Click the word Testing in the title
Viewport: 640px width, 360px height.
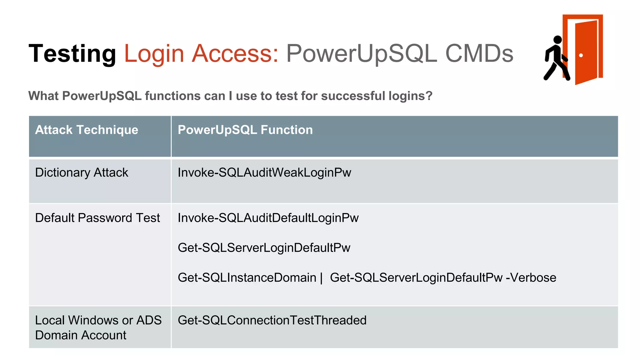(x=72, y=53)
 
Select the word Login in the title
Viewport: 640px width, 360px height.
(x=154, y=53)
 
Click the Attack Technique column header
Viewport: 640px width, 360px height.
(x=87, y=130)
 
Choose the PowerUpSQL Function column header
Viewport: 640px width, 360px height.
(x=245, y=130)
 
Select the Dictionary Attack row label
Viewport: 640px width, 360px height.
(x=82, y=172)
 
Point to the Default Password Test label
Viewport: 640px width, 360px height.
(x=97, y=218)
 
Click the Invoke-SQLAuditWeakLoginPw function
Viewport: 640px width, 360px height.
(x=264, y=172)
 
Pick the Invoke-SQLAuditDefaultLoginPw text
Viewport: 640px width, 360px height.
(x=268, y=218)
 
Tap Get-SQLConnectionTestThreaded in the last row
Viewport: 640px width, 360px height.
(x=272, y=320)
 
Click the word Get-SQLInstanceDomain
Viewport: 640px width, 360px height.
(x=247, y=277)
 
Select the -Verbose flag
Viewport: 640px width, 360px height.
(x=531, y=277)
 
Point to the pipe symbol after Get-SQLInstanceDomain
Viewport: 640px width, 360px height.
(x=321, y=278)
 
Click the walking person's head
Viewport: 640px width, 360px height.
(x=557, y=40)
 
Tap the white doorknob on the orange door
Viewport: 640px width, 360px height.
(x=581, y=55)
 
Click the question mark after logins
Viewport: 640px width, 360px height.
(x=429, y=96)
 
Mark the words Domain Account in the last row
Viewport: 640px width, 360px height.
(x=81, y=335)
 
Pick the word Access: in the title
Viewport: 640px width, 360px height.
(x=235, y=53)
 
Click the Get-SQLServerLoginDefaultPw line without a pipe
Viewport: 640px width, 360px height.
(x=264, y=247)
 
